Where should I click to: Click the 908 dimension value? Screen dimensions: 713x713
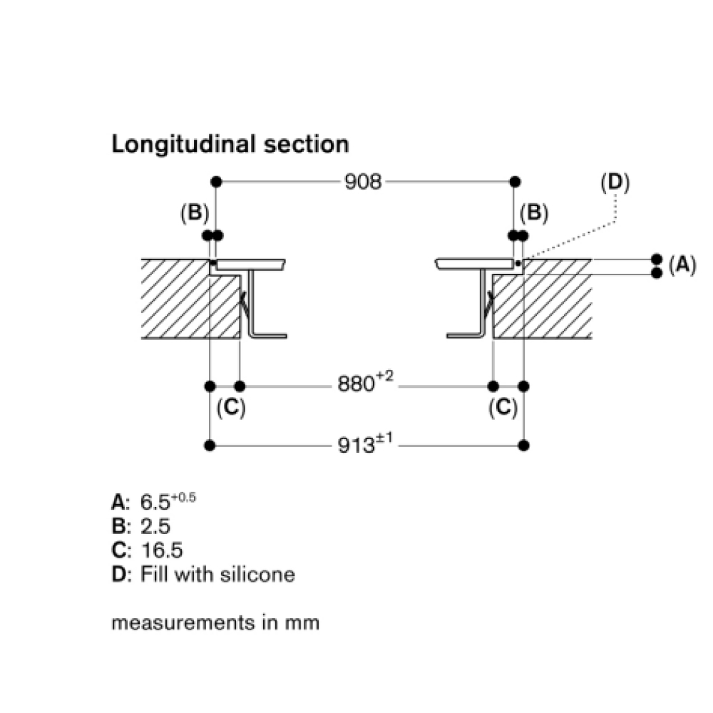[363, 182]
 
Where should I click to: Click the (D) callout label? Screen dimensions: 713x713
[615, 183]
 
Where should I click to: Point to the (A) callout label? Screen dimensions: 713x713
[682, 265]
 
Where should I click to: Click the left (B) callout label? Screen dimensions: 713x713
[195, 212]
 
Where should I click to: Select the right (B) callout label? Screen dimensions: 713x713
[534, 212]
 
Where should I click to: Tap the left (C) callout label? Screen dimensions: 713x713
[231, 407]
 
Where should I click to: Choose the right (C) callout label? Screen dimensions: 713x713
[503, 407]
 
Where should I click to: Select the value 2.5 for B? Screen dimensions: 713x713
[155, 526]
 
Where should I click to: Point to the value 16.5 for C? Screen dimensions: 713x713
[162, 550]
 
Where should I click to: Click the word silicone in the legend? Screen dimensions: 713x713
[258, 574]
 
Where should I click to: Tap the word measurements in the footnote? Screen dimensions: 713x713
[183, 623]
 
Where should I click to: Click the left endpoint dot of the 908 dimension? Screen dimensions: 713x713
[217, 182]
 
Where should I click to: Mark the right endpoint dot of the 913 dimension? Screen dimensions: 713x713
[523, 446]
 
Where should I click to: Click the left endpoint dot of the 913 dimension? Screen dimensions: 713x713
[210, 446]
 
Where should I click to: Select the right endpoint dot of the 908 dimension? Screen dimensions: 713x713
[515, 182]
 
